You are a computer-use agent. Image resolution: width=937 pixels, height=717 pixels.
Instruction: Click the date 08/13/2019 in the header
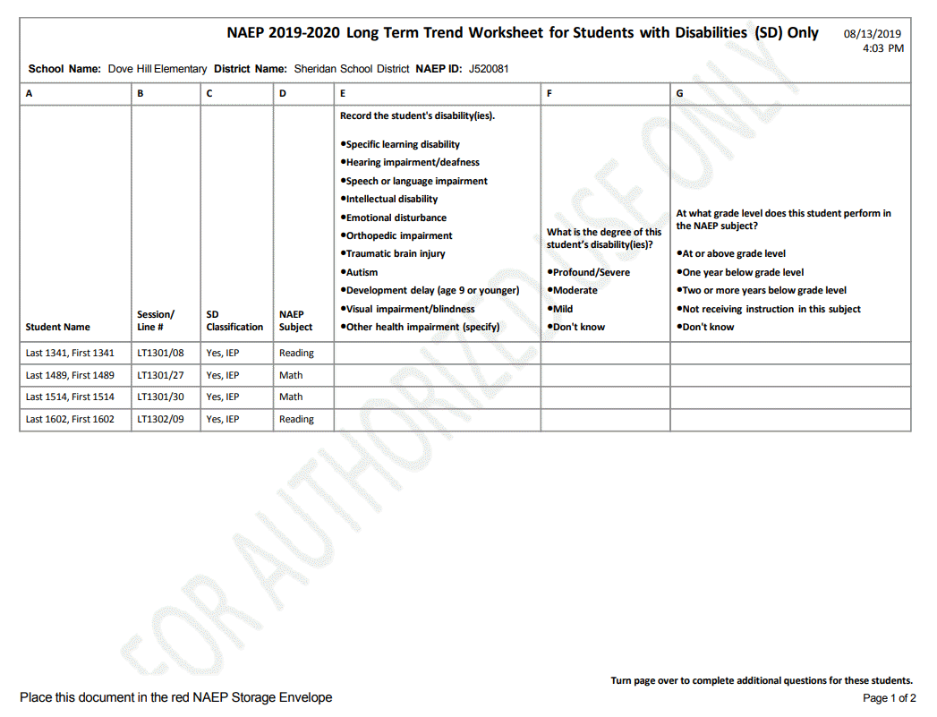pos(872,34)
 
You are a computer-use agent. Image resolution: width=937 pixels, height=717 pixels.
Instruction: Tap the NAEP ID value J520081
pos(489,69)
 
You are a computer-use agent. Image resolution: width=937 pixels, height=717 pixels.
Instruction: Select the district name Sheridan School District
pos(352,69)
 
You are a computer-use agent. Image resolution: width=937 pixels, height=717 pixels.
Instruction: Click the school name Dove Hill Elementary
pos(158,69)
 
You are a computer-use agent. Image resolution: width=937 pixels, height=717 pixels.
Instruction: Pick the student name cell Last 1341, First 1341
pos(70,353)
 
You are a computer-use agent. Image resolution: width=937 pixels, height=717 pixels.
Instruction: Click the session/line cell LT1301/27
pos(161,375)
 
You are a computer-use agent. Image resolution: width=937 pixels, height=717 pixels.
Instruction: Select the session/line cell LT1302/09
pos(161,419)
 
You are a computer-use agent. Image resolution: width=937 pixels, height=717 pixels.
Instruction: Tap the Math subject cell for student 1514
pos(291,397)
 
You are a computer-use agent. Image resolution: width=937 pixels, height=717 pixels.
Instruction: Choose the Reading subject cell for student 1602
pos(296,419)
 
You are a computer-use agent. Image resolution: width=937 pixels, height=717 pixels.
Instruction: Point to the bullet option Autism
pos(362,272)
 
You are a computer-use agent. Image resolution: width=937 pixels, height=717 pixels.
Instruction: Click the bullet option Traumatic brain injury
pos(395,253)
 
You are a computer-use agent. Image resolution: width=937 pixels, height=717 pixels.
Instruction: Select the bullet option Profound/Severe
pos(591,272)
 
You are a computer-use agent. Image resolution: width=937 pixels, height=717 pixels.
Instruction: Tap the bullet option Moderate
pos(575,290)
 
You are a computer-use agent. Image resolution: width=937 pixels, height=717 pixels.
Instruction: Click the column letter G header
pos(680,93)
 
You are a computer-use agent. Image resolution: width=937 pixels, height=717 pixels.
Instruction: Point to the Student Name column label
pos(58,327)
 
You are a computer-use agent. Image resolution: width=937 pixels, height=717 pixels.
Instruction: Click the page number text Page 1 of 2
pos(889,698)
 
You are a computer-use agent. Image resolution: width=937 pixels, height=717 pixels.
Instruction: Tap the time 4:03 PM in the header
pos(882,48)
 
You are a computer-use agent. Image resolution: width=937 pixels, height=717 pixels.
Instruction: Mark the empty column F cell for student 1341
pos(605,353)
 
